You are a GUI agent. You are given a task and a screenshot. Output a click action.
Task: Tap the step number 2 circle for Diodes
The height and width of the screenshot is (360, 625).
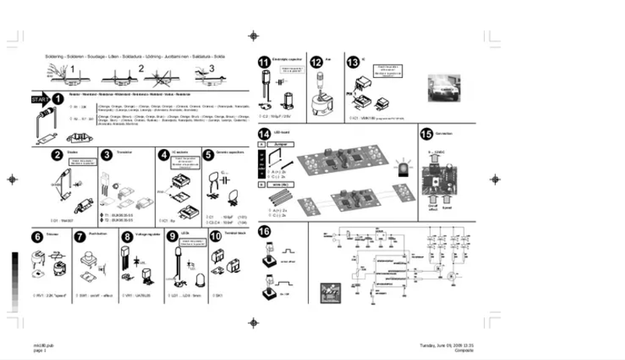[x=58, y=155]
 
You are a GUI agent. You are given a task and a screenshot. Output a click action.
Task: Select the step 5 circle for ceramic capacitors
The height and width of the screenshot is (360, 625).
[x=209, y=155]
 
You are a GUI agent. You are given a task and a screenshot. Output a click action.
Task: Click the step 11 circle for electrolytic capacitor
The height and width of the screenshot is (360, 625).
[x=265, y=62]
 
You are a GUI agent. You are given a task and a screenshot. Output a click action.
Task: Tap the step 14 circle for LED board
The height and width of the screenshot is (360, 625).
[x=265, y=134]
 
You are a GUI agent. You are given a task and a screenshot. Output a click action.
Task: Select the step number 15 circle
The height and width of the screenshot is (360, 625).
[x=426, y=134]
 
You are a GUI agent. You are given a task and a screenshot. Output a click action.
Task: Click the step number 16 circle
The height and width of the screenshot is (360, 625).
[x=265, y=231]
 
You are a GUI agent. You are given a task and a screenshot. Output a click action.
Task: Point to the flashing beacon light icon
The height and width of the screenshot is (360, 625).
[x=403, y=169]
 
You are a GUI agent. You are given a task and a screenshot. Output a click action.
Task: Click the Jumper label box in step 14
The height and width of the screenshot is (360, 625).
[x=281, y=145]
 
